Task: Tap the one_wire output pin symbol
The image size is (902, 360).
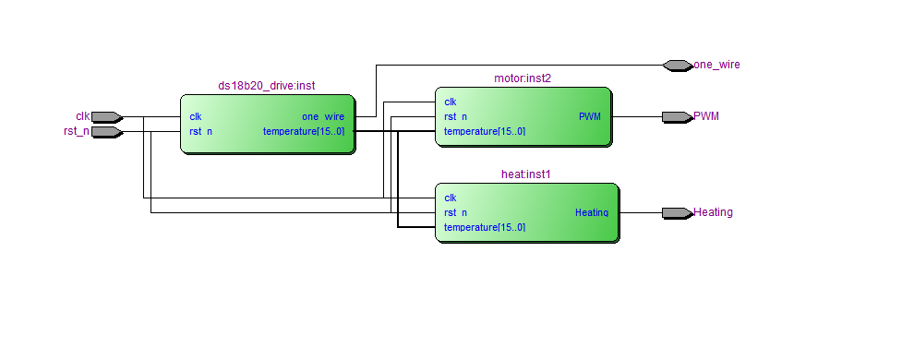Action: click(x=677, y=66)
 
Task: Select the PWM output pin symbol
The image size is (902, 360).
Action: click(x=677, y=117)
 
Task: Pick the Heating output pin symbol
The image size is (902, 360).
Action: click(x=677, y=213)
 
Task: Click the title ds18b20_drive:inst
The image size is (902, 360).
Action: click(x=267, y=86)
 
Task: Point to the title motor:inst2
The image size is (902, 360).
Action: click(x=523, y=78)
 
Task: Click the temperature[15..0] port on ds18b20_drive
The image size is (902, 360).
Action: click(x=304, y=132)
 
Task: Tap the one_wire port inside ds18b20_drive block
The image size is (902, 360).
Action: click(x=323, y=117)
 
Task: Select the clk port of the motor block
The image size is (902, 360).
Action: click(x=451, y=102)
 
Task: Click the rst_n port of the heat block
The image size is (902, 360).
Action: click(x=455, y=213)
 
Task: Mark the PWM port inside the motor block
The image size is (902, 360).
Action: click(x=589, y=117)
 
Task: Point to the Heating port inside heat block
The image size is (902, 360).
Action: click(x=592, y=213)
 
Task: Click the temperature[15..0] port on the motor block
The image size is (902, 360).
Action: click(x=485, y=132)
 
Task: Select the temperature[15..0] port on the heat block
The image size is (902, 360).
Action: click(x=485, y=228)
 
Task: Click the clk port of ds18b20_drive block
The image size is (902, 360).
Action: click(x=196, y=117)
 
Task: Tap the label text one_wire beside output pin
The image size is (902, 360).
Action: click(x=716, y=66)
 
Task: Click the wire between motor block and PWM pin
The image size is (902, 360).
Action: click(x=637, y=117)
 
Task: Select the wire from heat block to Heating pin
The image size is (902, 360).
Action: click(x=641, y=213)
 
